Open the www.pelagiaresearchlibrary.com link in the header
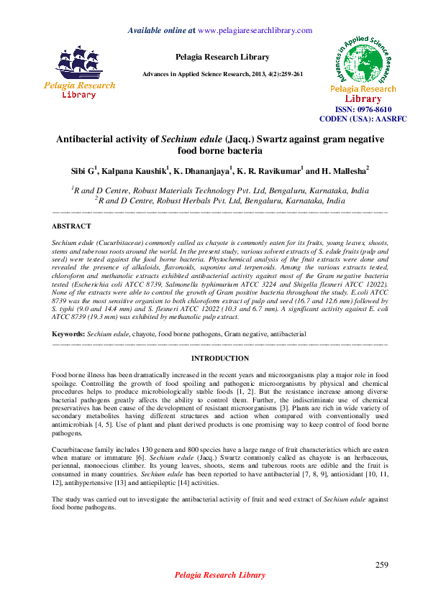coord(254,30)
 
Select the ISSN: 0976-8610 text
coord(362,108)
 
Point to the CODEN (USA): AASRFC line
coord(362,118)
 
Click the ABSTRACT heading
coord(71,226)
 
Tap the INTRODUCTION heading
coord(220,358)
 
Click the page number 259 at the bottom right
coord(382,565)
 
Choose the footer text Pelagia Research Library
coord(220,575)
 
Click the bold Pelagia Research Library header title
coord(222,57)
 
